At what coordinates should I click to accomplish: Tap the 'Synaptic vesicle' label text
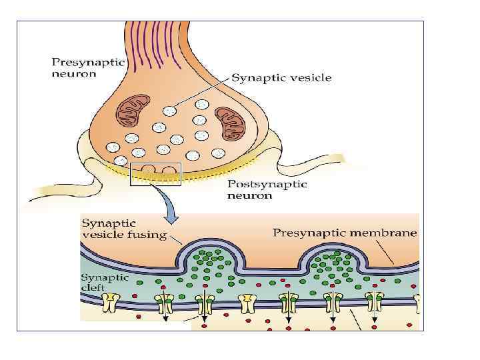[281, 78]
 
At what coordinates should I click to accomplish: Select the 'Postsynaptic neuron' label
[267, 190]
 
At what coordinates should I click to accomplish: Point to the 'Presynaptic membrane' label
[345, 233]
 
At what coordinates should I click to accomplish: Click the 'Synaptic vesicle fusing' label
[123, 229]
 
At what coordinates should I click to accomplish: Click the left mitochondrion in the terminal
[131, 111]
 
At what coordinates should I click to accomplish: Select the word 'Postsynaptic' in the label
[267, 184]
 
